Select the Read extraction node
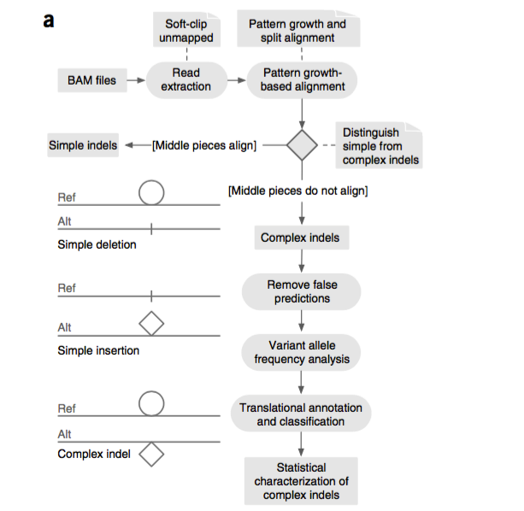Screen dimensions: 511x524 tap(185, 80)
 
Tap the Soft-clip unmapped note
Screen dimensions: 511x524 tap(185, 31)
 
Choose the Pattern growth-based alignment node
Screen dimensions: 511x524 tap(303, 80)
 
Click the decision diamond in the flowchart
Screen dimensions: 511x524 tap(302, 145)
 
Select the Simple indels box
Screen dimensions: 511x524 tap(83, 145)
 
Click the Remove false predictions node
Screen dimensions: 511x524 tap(302, 291)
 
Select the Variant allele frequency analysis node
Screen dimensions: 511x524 tap(302, 352)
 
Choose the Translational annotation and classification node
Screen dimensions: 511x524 tap(301, 414)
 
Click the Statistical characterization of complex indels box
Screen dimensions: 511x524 tap(301, 481)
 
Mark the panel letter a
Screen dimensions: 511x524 tap(49, 21)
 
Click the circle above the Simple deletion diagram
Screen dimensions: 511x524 tap(151, 194)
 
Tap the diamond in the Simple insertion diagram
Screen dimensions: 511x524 tap(151, 324)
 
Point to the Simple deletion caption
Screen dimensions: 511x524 tap(97, 245)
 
